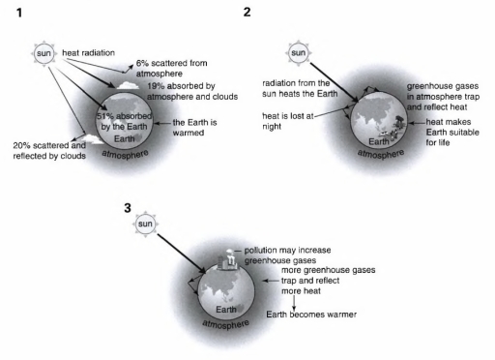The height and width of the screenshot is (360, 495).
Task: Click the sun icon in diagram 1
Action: click(44, 53)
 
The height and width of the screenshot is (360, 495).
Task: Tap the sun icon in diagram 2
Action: click(298, 52)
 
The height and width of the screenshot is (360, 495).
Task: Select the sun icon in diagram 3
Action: click(145, 224)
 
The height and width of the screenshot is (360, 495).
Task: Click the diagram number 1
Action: click(19, 13)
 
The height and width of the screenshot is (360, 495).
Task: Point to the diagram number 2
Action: click(247, 13)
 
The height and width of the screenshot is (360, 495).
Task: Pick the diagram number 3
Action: click(128, 208)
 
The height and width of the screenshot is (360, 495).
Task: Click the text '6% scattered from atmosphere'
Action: click(171, 68)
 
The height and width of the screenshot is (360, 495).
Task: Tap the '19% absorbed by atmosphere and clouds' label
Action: click(192, 91)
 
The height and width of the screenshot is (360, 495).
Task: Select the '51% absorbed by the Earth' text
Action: click(124, 121)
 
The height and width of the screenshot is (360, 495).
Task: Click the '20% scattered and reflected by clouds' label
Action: click(49, 151)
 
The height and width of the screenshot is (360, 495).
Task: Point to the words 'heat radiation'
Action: click(88, 52)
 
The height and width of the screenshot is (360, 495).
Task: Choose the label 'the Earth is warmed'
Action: click(194, 128)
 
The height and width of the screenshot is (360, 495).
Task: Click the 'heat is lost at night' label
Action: click(288, 121)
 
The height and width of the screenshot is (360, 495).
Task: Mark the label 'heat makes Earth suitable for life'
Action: click(452, 133)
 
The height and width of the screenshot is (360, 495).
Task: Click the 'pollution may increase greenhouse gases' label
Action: click(287, 255)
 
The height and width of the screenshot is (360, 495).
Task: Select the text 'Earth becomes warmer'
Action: click(311, 315)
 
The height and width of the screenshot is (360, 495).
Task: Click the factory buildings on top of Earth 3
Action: click(228, 260)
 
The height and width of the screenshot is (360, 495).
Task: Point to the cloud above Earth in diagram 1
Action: click(128, 86)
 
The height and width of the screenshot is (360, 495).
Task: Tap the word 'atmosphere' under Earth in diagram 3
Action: click(225, 324)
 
